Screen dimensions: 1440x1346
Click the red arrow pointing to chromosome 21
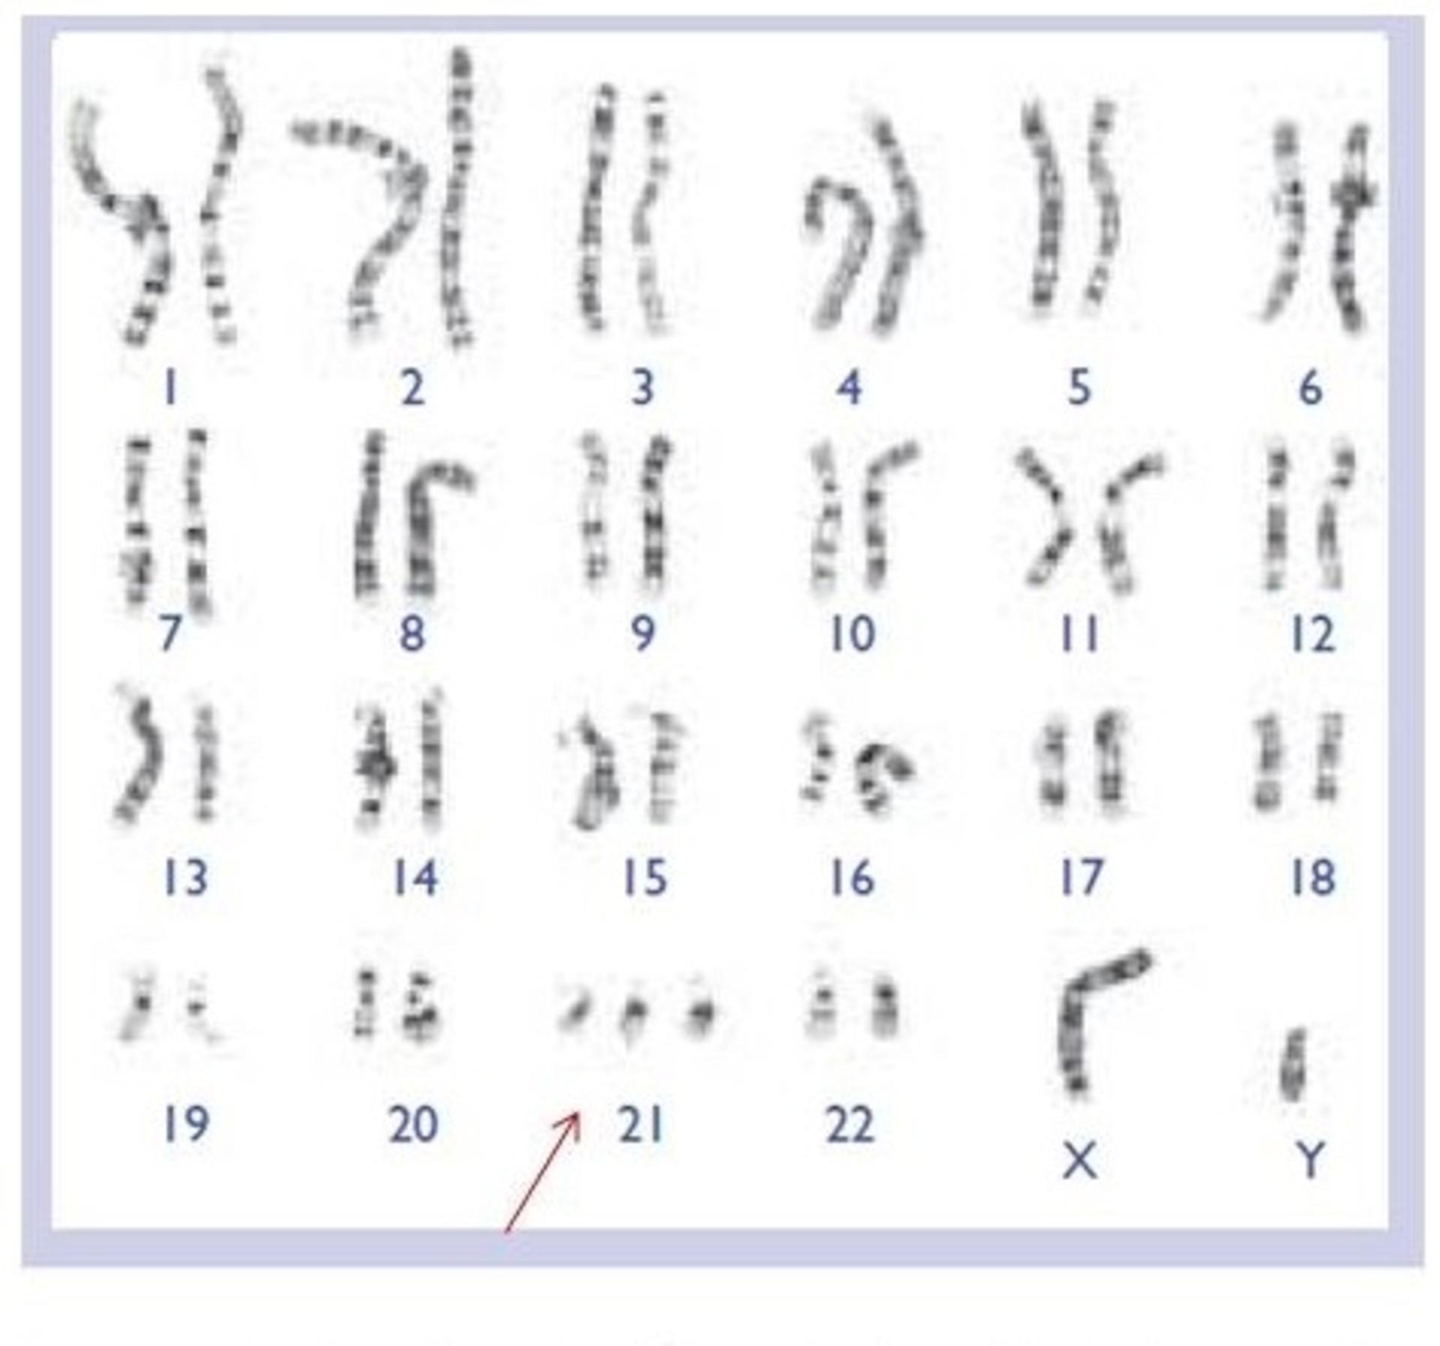pyautogui.click(x=542, y=1172)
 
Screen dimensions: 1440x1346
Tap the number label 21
pyautogui.click(x=640, y=1125)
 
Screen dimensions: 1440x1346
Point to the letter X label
pyautogui.click(x=1080, y=1161)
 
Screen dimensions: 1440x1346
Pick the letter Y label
pyautogui.click(x=1310, y=1160)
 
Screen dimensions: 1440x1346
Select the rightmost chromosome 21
pyautogui.click(x=701, y=1008)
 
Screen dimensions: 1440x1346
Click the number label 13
pyautogui.click(x=185, y=878)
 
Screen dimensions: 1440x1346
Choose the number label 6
pyautogui.click(x=1310, y=388)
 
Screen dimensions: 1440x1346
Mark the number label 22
pyautogui.click(x=850, y=1125)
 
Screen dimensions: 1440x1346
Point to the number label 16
pyautogui.click(x=852, y=878)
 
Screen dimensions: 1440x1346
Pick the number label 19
pyautogui.click(x=185, y=1124)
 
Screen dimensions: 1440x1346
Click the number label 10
pyautogui.click(x=852, y=634)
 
